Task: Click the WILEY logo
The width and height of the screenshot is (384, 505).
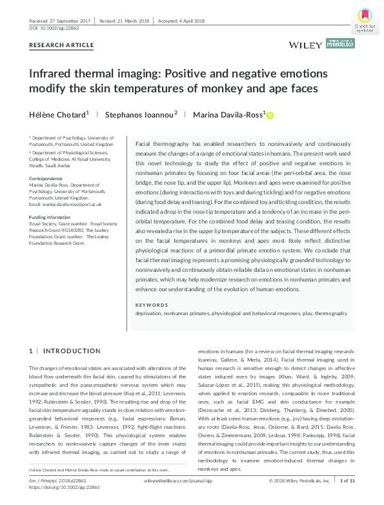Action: click(307, 45)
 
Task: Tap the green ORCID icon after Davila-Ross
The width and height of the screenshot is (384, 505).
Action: click(270, 115)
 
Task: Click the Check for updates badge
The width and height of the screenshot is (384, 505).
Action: click(365, 19)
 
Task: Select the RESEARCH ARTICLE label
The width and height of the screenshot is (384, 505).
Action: click(62, 45)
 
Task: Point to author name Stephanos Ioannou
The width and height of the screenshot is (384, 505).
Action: click(141, 114)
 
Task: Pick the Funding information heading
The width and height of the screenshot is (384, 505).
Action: click(50, 218)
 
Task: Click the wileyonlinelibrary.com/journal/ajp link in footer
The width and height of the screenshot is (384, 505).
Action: click(179, 499)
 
